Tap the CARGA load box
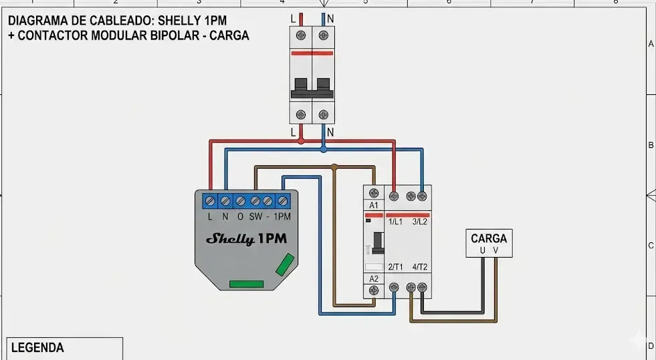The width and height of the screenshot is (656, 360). [489, 244]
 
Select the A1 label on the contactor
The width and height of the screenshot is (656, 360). [374, 205]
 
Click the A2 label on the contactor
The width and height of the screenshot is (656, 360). [374, 278]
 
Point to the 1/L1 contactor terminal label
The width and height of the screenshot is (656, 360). [395, 221]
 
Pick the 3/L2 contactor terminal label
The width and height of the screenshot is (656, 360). [420, 221]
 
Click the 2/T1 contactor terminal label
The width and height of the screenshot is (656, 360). [395, 267]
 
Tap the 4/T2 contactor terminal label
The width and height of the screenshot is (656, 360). [420, 267]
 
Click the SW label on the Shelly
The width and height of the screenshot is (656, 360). [255, 217]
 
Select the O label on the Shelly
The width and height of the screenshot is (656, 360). [239, 217]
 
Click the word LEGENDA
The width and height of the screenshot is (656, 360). [37, 348]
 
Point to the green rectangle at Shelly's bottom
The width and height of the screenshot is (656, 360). [247, 284]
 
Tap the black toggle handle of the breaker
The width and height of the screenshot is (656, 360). [312, 85]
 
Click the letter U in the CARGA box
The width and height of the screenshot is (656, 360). [482, 251]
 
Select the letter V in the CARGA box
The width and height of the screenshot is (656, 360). [496, 251]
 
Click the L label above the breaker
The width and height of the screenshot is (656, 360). [293, 18]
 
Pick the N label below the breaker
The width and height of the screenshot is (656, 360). [330, 132]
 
